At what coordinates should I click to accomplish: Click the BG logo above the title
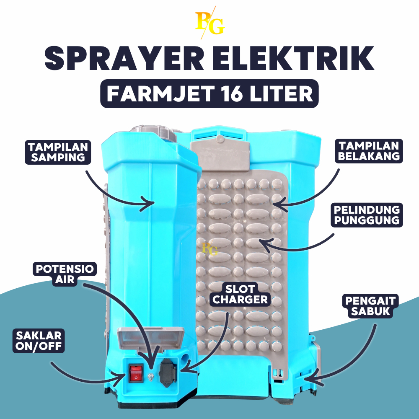click(210, 23)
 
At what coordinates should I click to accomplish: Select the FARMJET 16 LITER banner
click(209, 94)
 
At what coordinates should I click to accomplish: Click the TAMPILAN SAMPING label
click(58, 152)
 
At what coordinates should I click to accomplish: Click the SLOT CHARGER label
click(246, 294)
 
